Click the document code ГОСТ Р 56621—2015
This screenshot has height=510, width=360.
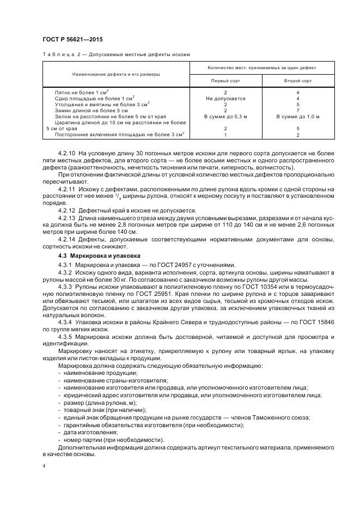point(72,40)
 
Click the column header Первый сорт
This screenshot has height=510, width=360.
point(225,80)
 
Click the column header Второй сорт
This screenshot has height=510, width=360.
point(298,80)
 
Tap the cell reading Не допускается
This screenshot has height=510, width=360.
point(225,99)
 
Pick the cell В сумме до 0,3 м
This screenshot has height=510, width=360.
point(225,116)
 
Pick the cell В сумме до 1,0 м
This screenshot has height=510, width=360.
point(298,116)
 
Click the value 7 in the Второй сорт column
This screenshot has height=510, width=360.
point(298,110)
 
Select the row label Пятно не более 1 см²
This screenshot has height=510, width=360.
point(82,93)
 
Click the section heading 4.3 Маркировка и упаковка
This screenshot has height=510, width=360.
point(91,256)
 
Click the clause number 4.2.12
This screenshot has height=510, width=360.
point(68,210)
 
